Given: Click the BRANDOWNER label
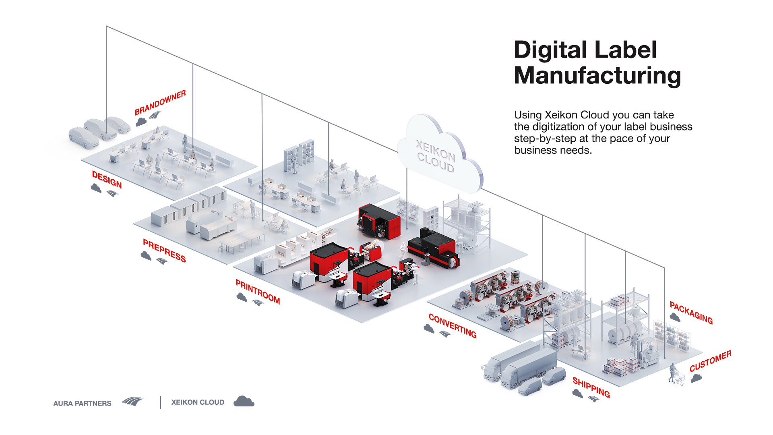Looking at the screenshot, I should point(160,102).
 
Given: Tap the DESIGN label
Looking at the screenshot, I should point(107,179).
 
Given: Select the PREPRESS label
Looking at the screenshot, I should point(164,251).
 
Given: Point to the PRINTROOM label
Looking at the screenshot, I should point(258,292).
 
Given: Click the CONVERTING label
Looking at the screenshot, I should point(453,325).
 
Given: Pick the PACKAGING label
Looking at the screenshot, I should point(691,313).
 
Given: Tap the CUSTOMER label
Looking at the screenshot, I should point(710,361).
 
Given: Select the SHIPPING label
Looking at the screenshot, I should point(591,387).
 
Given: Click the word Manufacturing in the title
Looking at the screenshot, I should point(597,75).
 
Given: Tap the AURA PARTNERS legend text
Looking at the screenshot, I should point(82,403).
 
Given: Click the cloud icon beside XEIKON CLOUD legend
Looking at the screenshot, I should point(244,402).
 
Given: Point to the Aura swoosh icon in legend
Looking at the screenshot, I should point(133,401).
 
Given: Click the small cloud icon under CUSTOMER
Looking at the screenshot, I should point(696,378).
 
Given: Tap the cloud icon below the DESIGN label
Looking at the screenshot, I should point(96,188).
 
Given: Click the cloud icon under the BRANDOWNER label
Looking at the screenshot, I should point(141,122).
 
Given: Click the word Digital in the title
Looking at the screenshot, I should point(551,50).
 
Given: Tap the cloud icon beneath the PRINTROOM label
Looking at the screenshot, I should point(242,297).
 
